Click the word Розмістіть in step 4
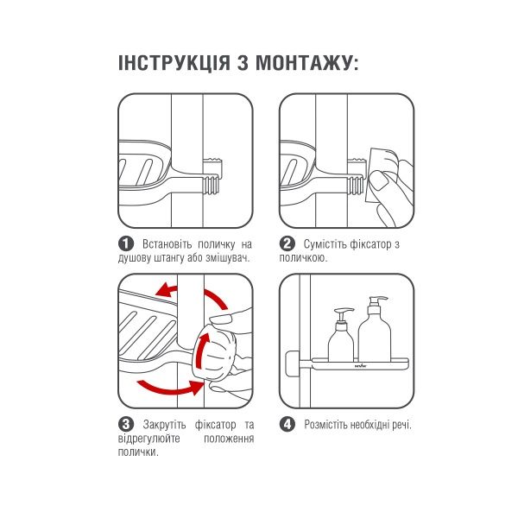pyautogui.click(x=326, y=425)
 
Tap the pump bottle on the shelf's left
pyautogui.click(x=342, y=337)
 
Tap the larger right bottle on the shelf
pyautogui.click(x=376, y=332)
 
